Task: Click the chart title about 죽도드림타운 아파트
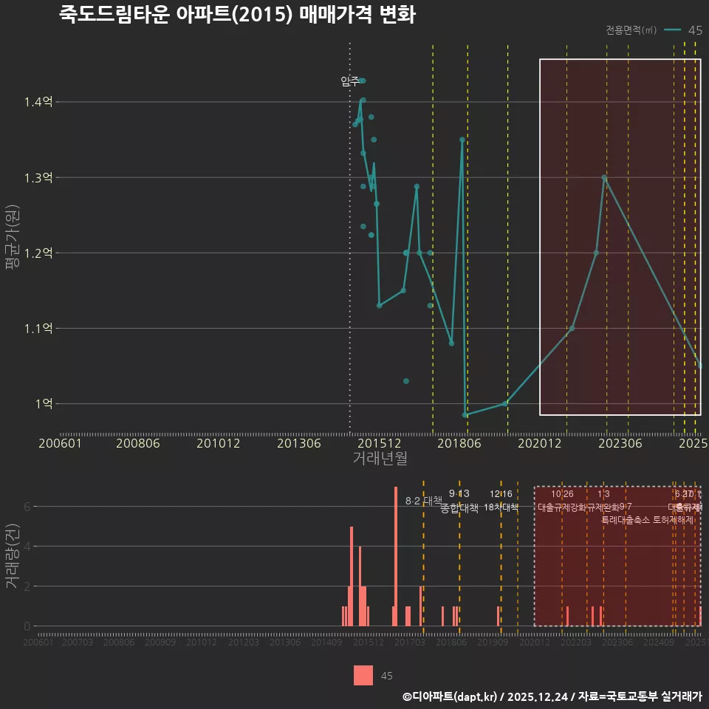click(237, 15)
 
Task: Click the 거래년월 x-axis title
click(380, 459)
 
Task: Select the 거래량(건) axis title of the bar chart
click(13, 556)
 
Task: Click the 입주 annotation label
click(350, 81)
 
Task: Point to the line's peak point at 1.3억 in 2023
click(604, 178)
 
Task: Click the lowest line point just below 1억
click(465, 415)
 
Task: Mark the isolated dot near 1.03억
click(406, 381)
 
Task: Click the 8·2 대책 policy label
click(424, 501)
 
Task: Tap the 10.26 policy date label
click(562, 494)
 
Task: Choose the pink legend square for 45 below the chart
click(363, 675)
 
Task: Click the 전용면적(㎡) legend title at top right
click(631, 30)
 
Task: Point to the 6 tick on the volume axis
click(27, 507)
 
